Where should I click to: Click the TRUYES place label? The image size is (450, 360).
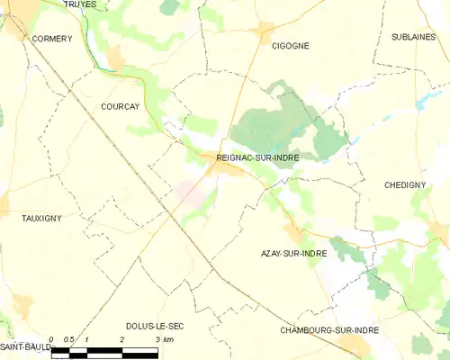tap(79, 4)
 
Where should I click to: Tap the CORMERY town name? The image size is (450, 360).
tap(51, 40)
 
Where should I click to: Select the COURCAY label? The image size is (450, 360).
tap(121, 105)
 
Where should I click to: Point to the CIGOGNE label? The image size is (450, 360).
tap(290, 45)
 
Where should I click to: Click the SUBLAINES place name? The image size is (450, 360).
tap(413, 37)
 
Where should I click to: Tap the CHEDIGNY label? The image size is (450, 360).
tap(404, 184)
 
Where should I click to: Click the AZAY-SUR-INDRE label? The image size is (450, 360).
tap(292, 254)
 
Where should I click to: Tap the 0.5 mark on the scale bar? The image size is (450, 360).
tap(68, 339)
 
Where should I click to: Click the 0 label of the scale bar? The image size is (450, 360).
tap(51, 339)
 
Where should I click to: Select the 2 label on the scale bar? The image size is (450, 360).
tap(121, 339)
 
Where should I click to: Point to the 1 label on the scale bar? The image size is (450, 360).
tap(86, 339)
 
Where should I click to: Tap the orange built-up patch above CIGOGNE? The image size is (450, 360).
tap(265, 28)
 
